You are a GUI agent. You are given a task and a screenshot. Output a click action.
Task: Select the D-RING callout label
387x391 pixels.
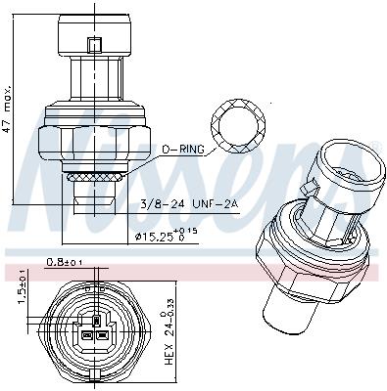click(184, 148)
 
